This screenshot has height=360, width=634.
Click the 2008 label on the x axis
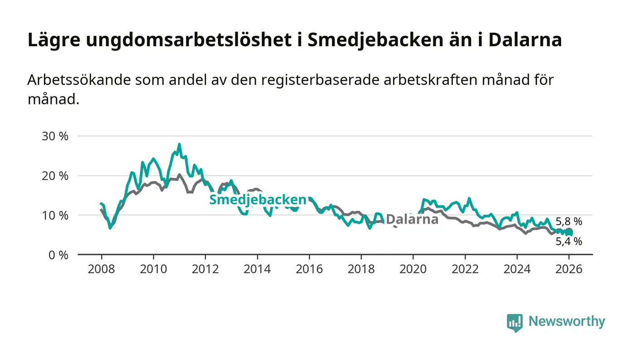pos(101,269)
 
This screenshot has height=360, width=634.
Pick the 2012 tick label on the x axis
pos(205,269)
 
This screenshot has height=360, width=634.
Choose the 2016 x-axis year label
pos(309,269)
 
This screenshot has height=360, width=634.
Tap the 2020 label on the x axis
pos(413,269)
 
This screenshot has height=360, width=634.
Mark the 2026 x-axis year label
pos(569,269)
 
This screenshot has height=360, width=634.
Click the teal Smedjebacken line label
pos(257,200)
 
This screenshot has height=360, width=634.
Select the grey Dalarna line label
pos(412,220)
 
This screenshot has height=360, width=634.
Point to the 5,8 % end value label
pos(569,222)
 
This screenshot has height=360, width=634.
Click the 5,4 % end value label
pos(569,242)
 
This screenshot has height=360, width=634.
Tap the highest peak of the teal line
pos(179,145)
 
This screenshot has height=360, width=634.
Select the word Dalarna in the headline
pos(526,40)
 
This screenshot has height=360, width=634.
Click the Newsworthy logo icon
pos(514,322)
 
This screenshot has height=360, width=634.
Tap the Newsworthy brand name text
pos(567,322)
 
